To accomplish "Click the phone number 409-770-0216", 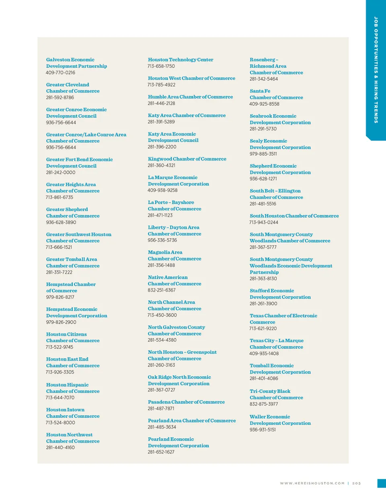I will click(60, 73).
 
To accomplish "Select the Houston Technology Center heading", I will click(181, 60).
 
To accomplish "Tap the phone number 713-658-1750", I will click(161, 66).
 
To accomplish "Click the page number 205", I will click(357, 483).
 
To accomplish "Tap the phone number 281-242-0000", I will click(60, 173).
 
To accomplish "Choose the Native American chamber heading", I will click(175, 280).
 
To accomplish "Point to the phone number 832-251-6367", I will click(162, 290).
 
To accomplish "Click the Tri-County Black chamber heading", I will click(276, 394).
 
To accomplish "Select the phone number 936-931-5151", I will click(263, 430).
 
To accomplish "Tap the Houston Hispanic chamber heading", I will click(73, 388).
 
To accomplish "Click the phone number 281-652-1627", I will click(161, 452).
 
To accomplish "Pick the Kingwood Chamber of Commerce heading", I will click(187, 159).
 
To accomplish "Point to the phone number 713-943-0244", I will click(264, 223).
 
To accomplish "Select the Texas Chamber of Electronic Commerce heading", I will click(283, 319).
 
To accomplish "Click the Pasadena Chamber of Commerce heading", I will click(186, 402).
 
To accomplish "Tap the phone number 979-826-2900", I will click(61, 322).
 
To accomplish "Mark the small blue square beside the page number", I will click(382, 483).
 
